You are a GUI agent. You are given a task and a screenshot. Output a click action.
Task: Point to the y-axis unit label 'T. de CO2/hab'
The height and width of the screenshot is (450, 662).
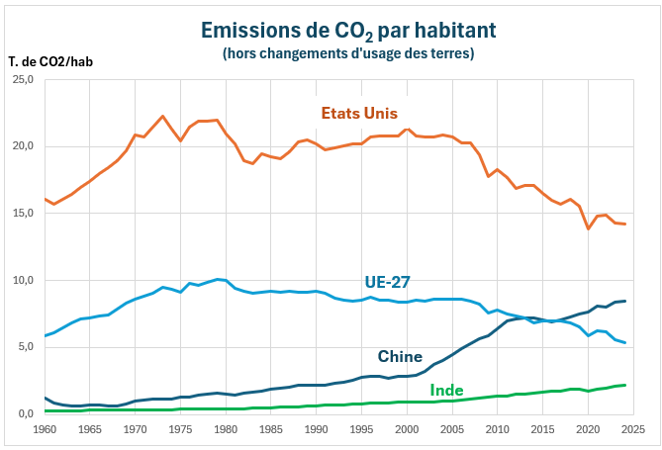50,61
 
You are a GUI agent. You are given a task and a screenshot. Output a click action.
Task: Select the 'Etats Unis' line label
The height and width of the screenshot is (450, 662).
359,113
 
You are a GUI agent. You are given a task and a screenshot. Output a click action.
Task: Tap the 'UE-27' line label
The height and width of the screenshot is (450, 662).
388,282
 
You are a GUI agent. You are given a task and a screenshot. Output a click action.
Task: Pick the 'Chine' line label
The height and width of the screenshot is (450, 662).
400,356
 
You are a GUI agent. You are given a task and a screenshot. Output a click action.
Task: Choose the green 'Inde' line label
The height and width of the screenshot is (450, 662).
447,391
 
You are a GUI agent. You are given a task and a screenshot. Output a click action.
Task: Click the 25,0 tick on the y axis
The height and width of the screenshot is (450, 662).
22,79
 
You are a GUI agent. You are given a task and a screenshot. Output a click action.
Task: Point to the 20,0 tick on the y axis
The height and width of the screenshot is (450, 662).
22,146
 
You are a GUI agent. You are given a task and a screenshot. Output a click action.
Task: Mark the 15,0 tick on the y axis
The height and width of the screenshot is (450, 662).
22,214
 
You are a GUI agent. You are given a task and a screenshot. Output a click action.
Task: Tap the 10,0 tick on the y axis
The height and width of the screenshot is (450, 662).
22,280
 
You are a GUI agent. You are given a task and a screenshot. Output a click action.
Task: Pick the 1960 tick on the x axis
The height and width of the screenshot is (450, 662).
45,430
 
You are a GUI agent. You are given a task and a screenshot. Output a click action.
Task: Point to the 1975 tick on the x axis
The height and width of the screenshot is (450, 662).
180,430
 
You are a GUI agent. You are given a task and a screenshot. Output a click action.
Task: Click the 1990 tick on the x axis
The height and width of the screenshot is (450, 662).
317,430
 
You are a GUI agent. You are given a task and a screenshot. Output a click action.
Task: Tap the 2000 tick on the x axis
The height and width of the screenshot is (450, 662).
407,430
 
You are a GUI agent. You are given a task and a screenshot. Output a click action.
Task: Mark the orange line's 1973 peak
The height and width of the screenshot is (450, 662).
163,117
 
